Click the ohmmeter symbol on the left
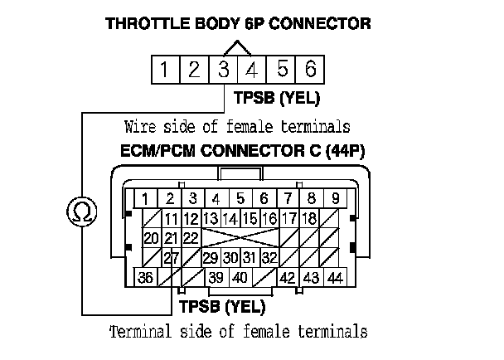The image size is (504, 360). coord(82,212)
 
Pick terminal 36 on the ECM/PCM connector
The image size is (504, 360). coord(145,278)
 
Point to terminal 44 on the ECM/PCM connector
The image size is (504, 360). coord(335,278)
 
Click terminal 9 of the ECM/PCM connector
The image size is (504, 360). coord(335,198)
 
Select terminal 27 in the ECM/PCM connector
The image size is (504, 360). coord(170,258)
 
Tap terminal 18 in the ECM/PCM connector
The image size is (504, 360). coord(310,219)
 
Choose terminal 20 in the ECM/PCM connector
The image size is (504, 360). coord(150,238)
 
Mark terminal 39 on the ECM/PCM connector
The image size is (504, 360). coord(216,278)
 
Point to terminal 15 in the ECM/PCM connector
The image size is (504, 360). coord(249,219)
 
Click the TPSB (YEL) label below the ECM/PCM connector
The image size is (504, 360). coord(222,307)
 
